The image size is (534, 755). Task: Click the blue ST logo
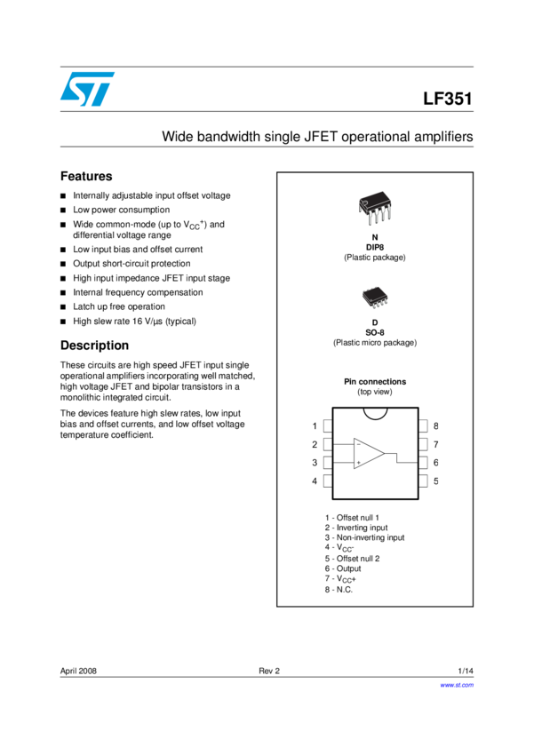(x=87, y=89)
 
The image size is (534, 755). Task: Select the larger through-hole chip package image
(x=375, y=208)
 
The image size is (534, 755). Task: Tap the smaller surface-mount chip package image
(x=375, y=298)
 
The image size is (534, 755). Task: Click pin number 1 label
(x=315, y=426)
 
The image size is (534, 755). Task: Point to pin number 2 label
(x=315, y=444)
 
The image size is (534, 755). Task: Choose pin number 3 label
(x=315, y=463)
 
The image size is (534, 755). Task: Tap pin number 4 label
(x=315, y=481)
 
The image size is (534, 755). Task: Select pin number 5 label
(x=436, y=481)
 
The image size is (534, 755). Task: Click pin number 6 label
(x=436, y=463)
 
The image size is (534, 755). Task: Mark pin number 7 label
(x=436, y=444)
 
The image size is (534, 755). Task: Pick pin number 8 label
(x=436, y=426)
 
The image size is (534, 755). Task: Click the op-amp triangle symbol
(x=368, y=453)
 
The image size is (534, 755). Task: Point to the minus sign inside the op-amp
(x=358, y=445)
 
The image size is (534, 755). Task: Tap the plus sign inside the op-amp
(x=358, y=463)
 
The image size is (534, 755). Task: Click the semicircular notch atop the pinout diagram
(x=375, y=412)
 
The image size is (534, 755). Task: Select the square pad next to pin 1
(x=328, y=426)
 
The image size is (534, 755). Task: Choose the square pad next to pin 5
(x=424, y=481)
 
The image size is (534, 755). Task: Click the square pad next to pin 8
(x=424, y=426)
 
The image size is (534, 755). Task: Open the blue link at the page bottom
(x=457, y=685)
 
